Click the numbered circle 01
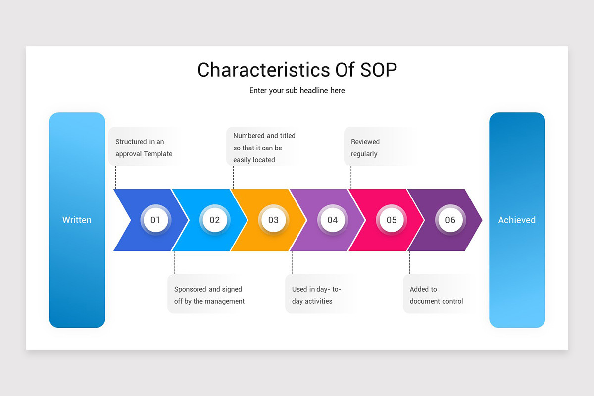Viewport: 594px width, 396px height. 155,220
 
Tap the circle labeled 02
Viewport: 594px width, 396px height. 214,220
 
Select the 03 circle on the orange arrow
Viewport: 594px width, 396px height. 273,220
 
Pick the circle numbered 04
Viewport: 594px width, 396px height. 332,220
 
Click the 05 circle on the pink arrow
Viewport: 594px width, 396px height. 391,220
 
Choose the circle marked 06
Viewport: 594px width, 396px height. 450,220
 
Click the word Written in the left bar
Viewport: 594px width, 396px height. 77,220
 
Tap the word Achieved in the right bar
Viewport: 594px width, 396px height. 517,220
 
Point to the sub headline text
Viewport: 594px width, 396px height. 297,91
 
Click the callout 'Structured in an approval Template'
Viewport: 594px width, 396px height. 144,148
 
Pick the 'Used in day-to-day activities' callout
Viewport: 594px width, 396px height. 317,295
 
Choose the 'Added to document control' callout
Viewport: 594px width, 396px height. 436,295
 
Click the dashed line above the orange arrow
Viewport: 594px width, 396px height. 233,177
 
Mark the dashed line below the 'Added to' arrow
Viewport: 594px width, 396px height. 410,262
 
